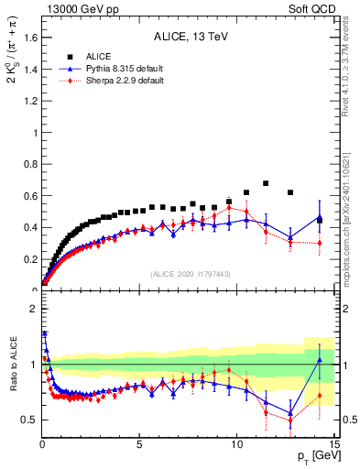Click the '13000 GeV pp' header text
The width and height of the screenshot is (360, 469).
pyautogui.click(x=76, y=8)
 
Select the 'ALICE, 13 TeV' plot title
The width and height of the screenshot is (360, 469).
pyautogui.click(x=189, y=38)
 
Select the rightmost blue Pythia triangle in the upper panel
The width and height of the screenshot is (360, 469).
pyautogui.click(x=320, y=218)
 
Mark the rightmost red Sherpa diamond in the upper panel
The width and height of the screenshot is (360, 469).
pyautogui.click(x=320, y=243)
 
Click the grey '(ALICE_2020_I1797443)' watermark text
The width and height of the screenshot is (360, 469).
pyautogui.click(x=189, y=274)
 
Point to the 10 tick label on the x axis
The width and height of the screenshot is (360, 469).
pyautogui.click(x=237, y=443)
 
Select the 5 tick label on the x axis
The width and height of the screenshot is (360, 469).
pyautogui.click(x=139, y=443)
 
